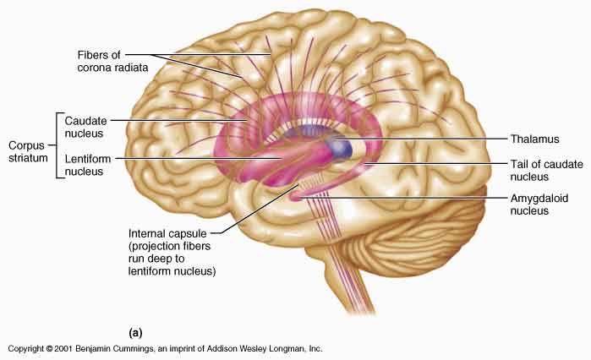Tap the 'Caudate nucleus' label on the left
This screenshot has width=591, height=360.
coord(85,128)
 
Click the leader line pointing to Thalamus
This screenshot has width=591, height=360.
coord(423,138)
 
